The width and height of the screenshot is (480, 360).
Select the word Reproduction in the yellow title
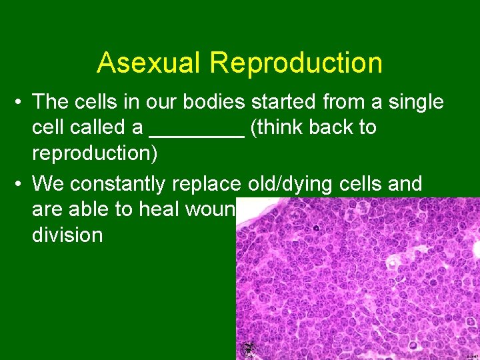296,63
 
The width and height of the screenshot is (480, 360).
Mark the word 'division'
67,235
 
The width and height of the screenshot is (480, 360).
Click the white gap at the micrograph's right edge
475,249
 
